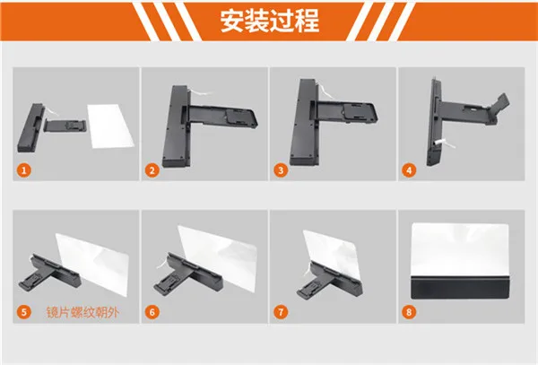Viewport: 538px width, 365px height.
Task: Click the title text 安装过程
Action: pyautogui.click(x=270, y=21)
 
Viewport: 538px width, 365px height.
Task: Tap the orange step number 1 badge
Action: pyautogui.click(x=24, y=170)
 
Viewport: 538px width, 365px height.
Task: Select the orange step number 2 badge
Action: pyautogui.click(x=152, y=170)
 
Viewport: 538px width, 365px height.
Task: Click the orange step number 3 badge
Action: pyautogui.click(x=281, y=170)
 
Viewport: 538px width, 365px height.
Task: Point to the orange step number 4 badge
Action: pyautogui.click(x=409, y=170)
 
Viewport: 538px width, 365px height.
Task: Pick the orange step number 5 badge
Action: pyautogui.click(x=24, y=312)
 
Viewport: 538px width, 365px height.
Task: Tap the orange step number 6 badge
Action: pyautogui.click(x=152, y=312)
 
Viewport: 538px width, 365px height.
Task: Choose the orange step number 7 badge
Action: pyautogui.click(x=281, y=312)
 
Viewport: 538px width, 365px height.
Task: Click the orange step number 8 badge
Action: pyautogui.click(x=409, y=312)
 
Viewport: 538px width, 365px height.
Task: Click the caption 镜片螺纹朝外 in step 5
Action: pyautogui.click(x=82, y=312)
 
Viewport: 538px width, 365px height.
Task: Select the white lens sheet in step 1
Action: pyautogui.click(x=110, y=126)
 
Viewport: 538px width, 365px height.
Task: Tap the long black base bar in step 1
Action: pyautogui.click(x=30, y=127)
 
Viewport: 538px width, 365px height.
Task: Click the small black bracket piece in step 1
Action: pyautogui.click(x=65, y=126)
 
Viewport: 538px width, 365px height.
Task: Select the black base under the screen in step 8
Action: pyautogui.click(x=460, y=288)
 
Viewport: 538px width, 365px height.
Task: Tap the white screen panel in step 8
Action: pyautogui.click(x=460, y=249)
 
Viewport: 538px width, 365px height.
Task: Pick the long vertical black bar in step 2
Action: pyautogui.click(x=177, y=126)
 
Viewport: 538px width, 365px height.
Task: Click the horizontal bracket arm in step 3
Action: pyautogui.click(x=346, y=113)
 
